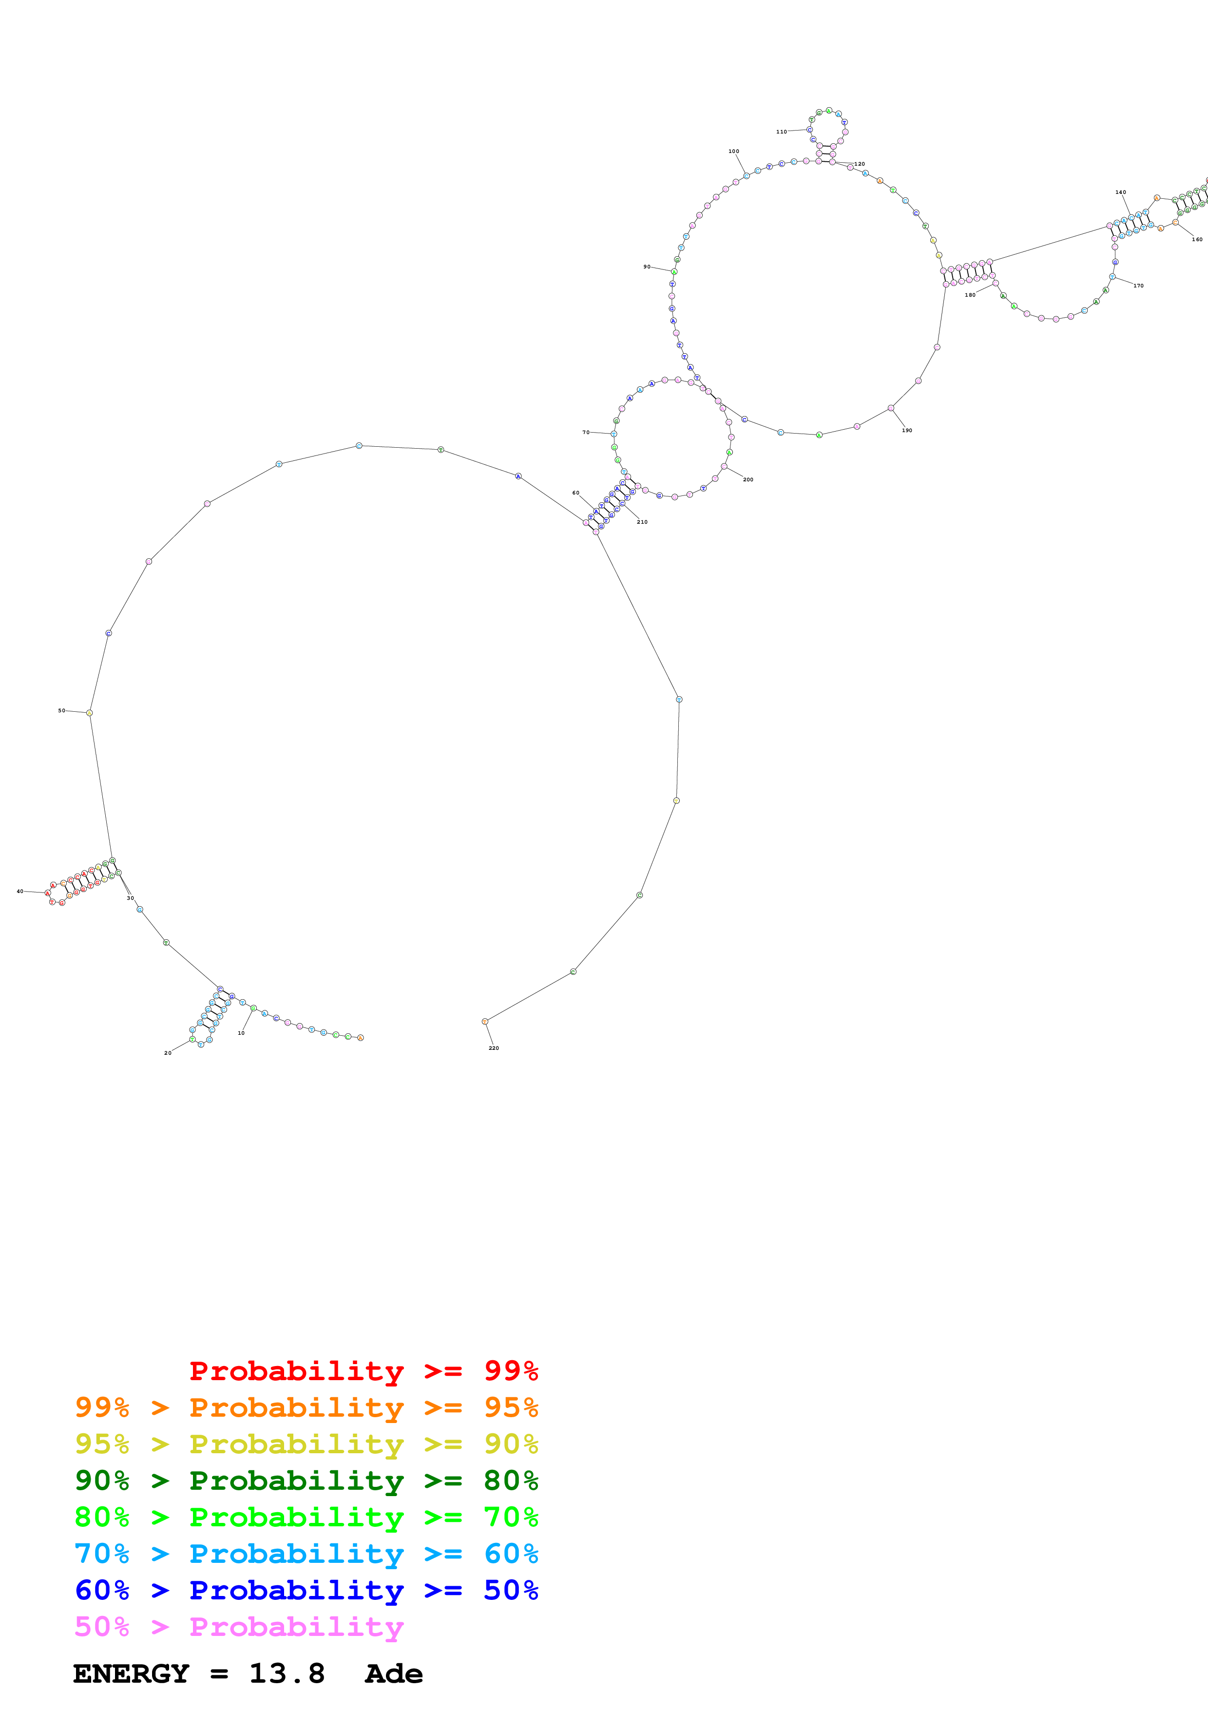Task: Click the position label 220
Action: point(494,1048)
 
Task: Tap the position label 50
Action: point(62,711)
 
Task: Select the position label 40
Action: point(20,891)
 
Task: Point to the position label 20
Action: point(168,1052)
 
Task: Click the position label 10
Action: point(241,1033)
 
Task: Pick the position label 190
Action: point(906,430)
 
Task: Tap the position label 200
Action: point(748,479)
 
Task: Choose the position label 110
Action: point(782,132)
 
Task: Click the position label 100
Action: point(734,151)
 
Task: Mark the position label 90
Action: point(647,266)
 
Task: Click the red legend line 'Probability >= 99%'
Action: point(363,1371)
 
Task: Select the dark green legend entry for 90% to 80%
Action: point(306,1481)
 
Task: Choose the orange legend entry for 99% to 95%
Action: point(306,1407)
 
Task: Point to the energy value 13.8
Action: point(287,1673)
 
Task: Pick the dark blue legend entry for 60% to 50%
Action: point(306,1590)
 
